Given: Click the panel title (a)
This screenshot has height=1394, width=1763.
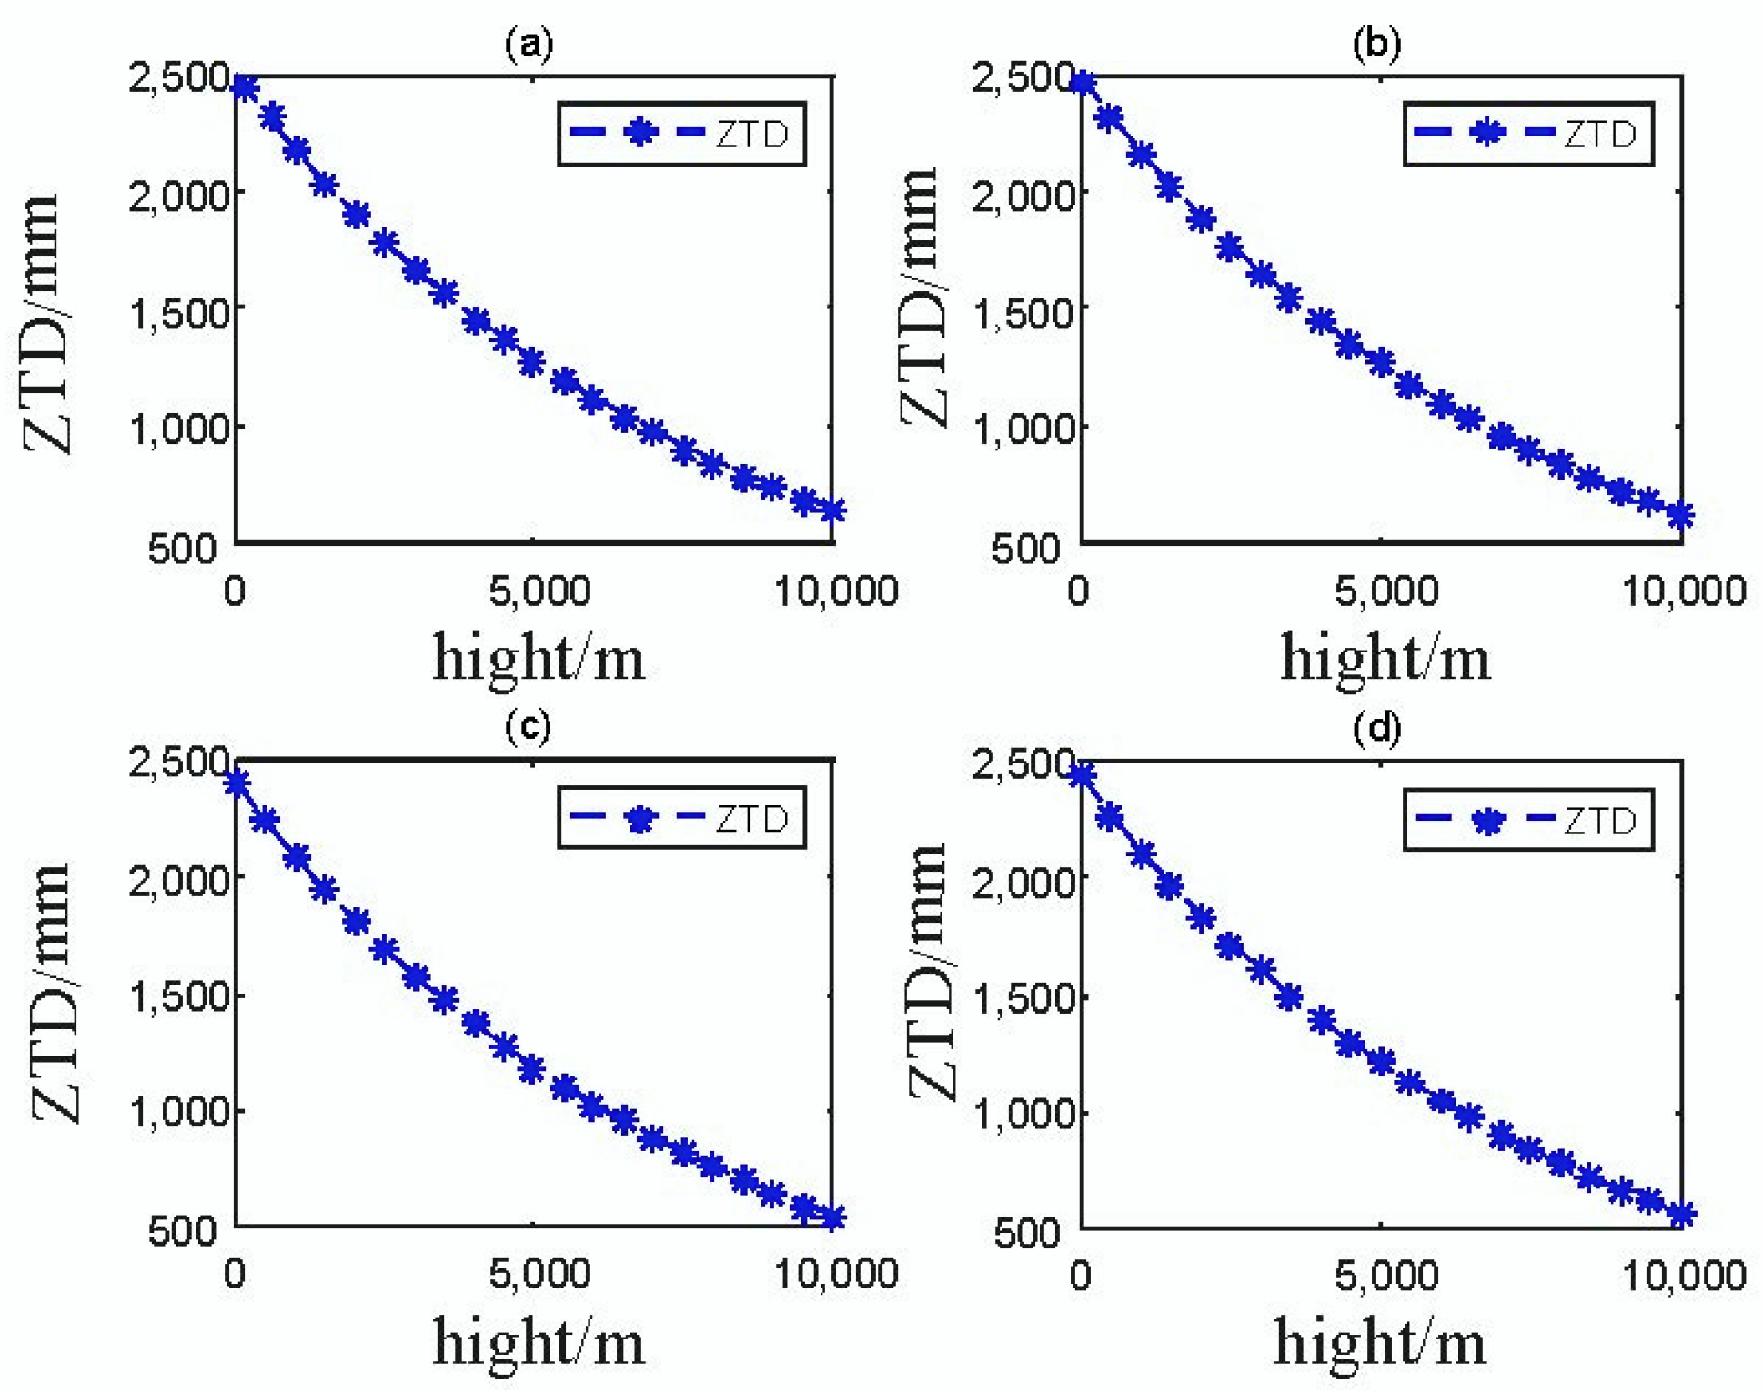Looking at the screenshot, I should [x=529, y=43].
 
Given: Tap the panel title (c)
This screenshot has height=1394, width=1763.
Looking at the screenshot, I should [x=528, y=726].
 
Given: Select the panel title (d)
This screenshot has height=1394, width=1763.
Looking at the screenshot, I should [x=1376, y=728].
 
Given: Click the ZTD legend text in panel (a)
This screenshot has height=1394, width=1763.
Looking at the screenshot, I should [x=751, y=135].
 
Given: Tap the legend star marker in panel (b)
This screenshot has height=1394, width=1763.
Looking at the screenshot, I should [x=1487, y=133].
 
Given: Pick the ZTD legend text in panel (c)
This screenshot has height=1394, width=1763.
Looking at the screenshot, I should [x=751, y=819].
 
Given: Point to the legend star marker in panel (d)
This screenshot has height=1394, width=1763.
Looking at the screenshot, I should [x=1487, y=821].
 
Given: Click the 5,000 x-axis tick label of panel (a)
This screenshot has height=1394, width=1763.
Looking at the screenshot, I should [x=539, y=591].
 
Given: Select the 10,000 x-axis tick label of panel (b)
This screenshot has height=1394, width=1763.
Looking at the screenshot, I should [x=1683, y=591].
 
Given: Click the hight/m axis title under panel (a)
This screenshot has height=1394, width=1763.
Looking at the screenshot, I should [x=539, y=657].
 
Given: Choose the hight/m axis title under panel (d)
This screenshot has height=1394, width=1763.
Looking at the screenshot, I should [x=1379, y=1342].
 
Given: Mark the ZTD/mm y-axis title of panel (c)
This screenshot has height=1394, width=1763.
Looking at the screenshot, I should [x=52, y=992].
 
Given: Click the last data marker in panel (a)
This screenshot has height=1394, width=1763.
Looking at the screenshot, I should [x=832, y=510].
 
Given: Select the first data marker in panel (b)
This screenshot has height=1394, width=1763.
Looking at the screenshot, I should [x=1083, y=84].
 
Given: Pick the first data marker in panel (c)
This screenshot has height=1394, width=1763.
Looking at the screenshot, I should [x=237, y=783].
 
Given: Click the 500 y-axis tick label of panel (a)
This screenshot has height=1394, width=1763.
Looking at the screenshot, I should [x=182, y=549].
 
